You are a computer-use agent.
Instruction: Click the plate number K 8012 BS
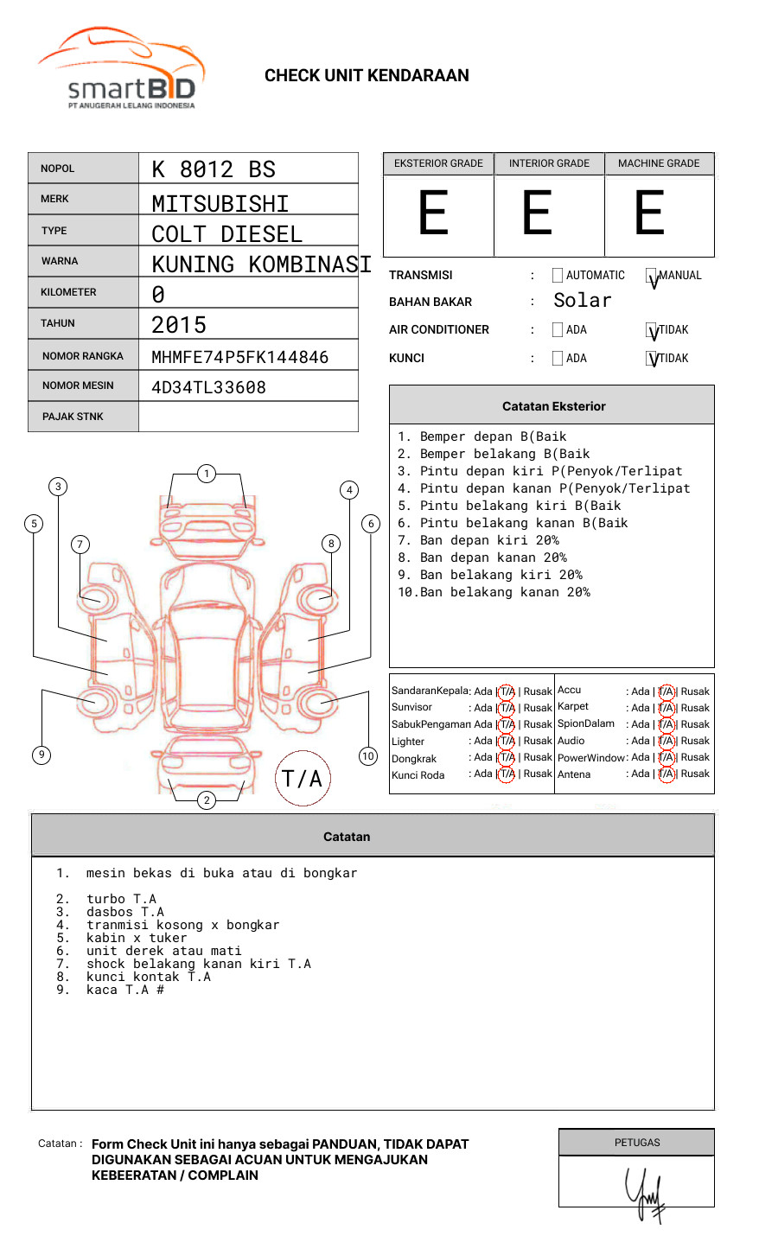[x=214, y=169]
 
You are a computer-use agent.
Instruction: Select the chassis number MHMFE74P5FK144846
[x=239, y=357]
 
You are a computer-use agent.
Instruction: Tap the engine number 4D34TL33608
[x=208, y=387]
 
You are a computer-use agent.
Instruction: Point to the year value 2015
[x=179, y=325]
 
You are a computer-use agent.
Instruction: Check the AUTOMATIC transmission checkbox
[x=558, y=276]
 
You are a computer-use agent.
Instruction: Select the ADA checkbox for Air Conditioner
[x=558, y=330]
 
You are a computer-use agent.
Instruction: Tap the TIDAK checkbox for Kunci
[x=652, y=359]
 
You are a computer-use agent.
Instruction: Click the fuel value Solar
[x=582, y=301]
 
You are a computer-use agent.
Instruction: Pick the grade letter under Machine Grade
[x=649, y=213]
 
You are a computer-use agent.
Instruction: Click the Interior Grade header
[x=549, y=163]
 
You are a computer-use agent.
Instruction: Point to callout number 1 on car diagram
[x=206, y=474]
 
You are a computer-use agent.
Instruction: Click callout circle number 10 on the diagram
[x=368, y=756]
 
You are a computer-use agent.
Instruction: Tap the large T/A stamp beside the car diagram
[x=303, y=779]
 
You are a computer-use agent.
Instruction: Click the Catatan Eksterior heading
[x=553, y=406]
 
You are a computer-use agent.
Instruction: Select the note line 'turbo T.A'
[x=121, y=899]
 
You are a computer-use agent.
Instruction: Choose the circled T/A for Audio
[x=667, y=741]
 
